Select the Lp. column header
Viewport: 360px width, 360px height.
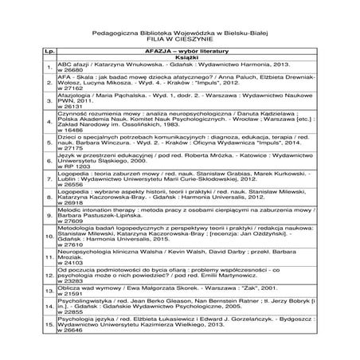(x=49, y=49)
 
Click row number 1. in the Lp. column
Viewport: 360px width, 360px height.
(x=49, y=66)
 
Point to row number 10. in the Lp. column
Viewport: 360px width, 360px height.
(x=49, y=237)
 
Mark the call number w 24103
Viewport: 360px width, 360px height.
(x=71, y=262)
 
